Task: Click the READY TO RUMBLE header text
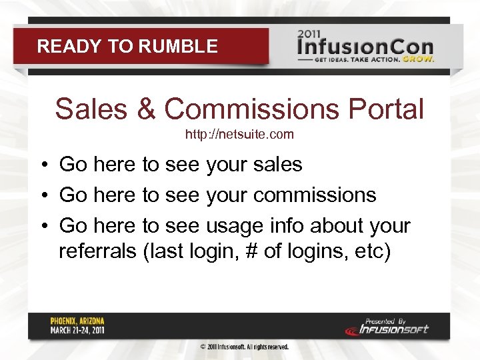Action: coord(127,46)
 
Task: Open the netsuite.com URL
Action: coord(239,135)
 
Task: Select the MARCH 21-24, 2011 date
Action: coord(77,330)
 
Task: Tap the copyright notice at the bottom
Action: coord(245,347)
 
